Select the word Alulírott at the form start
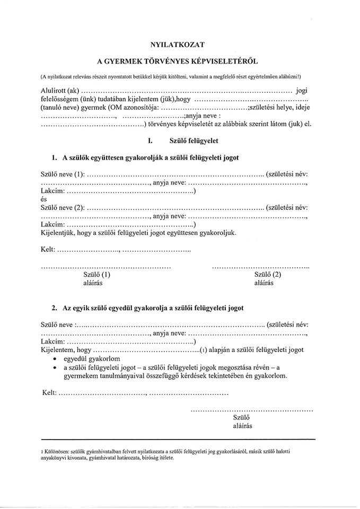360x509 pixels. (54, 91)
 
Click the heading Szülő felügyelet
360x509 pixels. (194, 142)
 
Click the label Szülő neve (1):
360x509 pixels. (63, 174)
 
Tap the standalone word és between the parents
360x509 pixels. (44, 199)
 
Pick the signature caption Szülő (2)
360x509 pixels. (268, 275)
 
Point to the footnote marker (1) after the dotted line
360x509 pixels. (203, 350)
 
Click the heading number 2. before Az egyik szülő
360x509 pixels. (55, 308)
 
